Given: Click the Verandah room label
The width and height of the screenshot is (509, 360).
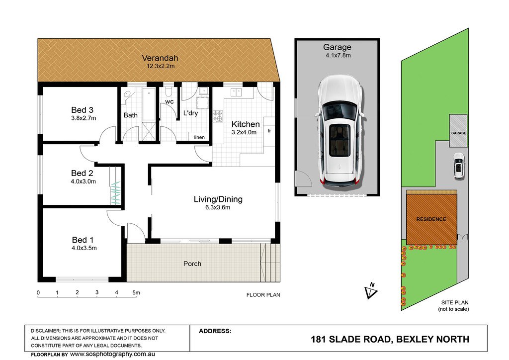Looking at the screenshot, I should (159, 57).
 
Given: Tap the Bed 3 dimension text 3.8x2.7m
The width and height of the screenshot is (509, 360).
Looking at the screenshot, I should (82, 118).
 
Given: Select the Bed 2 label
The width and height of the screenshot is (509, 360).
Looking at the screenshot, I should (82, 173).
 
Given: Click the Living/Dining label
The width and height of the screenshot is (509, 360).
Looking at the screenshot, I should (218, 199).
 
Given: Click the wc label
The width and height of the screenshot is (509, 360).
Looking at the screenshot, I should (169, 102).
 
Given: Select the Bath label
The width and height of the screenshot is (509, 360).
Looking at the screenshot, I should (131, 115).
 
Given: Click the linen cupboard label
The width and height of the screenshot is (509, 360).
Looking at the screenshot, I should (199, 137).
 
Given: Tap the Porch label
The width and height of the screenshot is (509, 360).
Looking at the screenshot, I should (192, 264).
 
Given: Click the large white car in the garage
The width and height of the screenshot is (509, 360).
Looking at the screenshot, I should (339, 130).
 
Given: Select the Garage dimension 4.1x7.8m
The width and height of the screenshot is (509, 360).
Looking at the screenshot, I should (337, 56).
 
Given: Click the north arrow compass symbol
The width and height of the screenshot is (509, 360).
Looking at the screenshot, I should (370, 291).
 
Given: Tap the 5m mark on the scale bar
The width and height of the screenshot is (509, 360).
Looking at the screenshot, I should (136, 293).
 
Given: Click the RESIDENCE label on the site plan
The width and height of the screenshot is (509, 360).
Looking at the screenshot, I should (431, 219).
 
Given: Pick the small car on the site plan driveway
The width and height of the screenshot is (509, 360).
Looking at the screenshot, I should (458, 166).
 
